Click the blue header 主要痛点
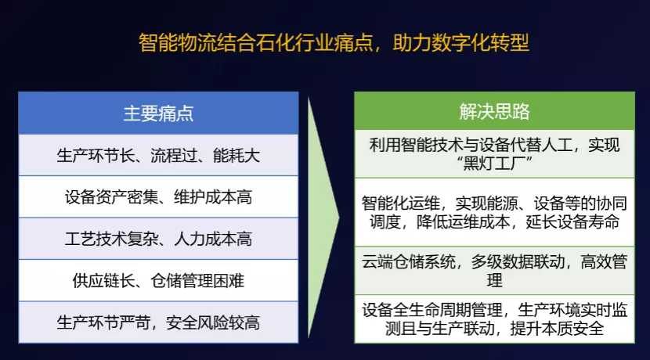(x=158, y=113)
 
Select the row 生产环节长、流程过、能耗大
(x=158, y=155)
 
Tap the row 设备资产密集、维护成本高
(x=158, y=196)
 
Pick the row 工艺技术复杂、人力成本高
(x=158, y=238)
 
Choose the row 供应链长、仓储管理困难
(x=158, y=280)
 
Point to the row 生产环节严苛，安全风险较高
(x=158, y=322)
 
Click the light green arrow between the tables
(x=323, y=219)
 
